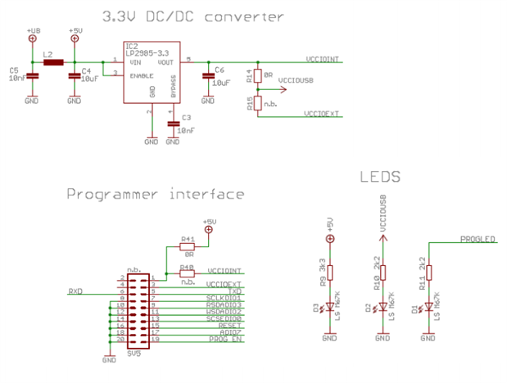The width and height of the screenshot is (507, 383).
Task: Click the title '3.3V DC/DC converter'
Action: coord(193,16)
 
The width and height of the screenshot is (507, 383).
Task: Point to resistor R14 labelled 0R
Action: coord(257,76)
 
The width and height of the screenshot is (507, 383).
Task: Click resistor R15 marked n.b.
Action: coord(257,103)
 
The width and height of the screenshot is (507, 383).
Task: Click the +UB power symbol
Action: coord(32,38)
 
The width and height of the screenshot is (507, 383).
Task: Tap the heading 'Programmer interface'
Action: coord(155,195)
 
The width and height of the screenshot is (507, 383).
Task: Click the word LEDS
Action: coord(379,176)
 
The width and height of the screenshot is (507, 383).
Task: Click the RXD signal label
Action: coord(75,290)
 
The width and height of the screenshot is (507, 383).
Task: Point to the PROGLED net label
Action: coord(478,239)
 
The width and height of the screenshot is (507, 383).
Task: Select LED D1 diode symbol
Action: coord(428,309)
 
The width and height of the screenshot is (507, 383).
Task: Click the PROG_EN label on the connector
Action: coord(226,338)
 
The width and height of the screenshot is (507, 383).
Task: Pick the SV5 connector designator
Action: coord(134,354)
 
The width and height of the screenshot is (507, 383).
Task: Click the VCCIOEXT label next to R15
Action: coord(322,114)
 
